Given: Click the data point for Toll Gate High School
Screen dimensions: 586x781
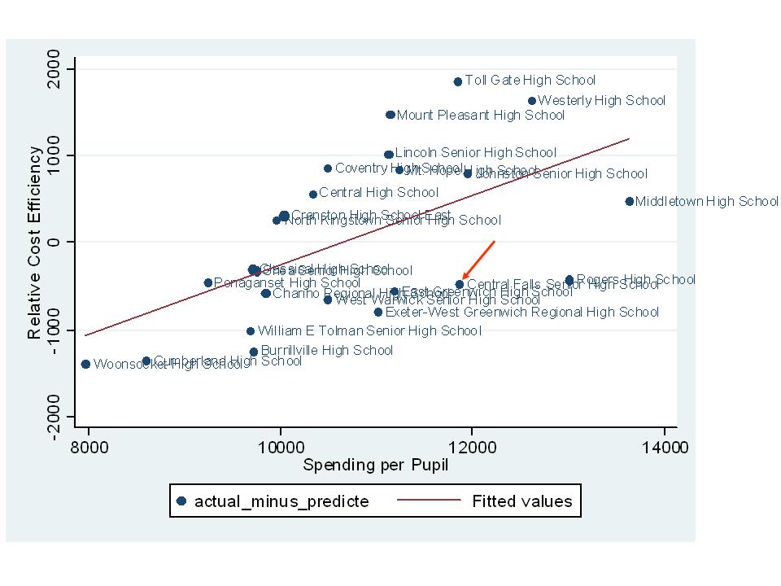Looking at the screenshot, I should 458,81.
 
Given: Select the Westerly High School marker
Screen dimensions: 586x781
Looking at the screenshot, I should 532,101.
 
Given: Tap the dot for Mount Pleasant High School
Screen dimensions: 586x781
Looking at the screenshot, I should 390,115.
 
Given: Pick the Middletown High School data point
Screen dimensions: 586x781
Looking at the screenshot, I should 630,201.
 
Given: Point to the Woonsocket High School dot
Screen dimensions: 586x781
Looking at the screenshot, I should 85,364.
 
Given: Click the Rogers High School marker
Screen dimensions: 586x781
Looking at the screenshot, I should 569,279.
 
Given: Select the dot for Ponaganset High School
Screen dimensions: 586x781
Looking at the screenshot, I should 207,282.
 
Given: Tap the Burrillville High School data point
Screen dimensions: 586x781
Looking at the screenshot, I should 254,352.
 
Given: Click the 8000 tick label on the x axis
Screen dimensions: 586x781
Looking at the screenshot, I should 89,447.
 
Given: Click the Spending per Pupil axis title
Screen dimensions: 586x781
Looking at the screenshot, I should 375,466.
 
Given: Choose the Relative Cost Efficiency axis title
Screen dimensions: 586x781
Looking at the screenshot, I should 34,243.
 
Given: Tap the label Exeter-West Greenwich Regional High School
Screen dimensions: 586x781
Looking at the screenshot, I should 521,312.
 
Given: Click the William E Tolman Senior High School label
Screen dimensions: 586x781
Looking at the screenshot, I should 369,330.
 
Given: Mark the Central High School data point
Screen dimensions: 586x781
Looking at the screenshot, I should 313,195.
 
